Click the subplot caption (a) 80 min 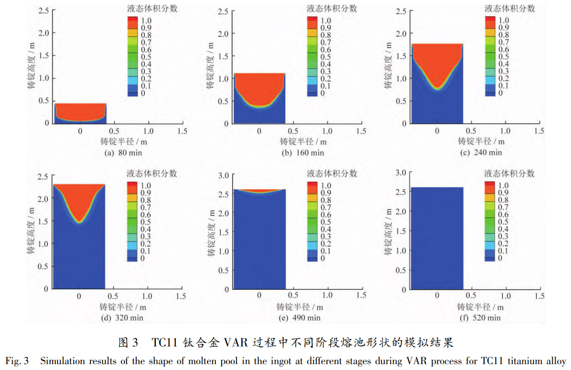pos(123,153)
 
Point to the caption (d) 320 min pos(124,318)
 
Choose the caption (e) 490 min pos(300,318)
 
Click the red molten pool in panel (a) pos(80,111)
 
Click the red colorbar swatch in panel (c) pos(491,20)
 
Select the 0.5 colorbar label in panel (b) pos(326,57)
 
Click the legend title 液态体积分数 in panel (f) pos(510,174)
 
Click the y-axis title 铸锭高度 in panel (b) pos(212,66)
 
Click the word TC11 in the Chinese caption pos(166,343)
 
